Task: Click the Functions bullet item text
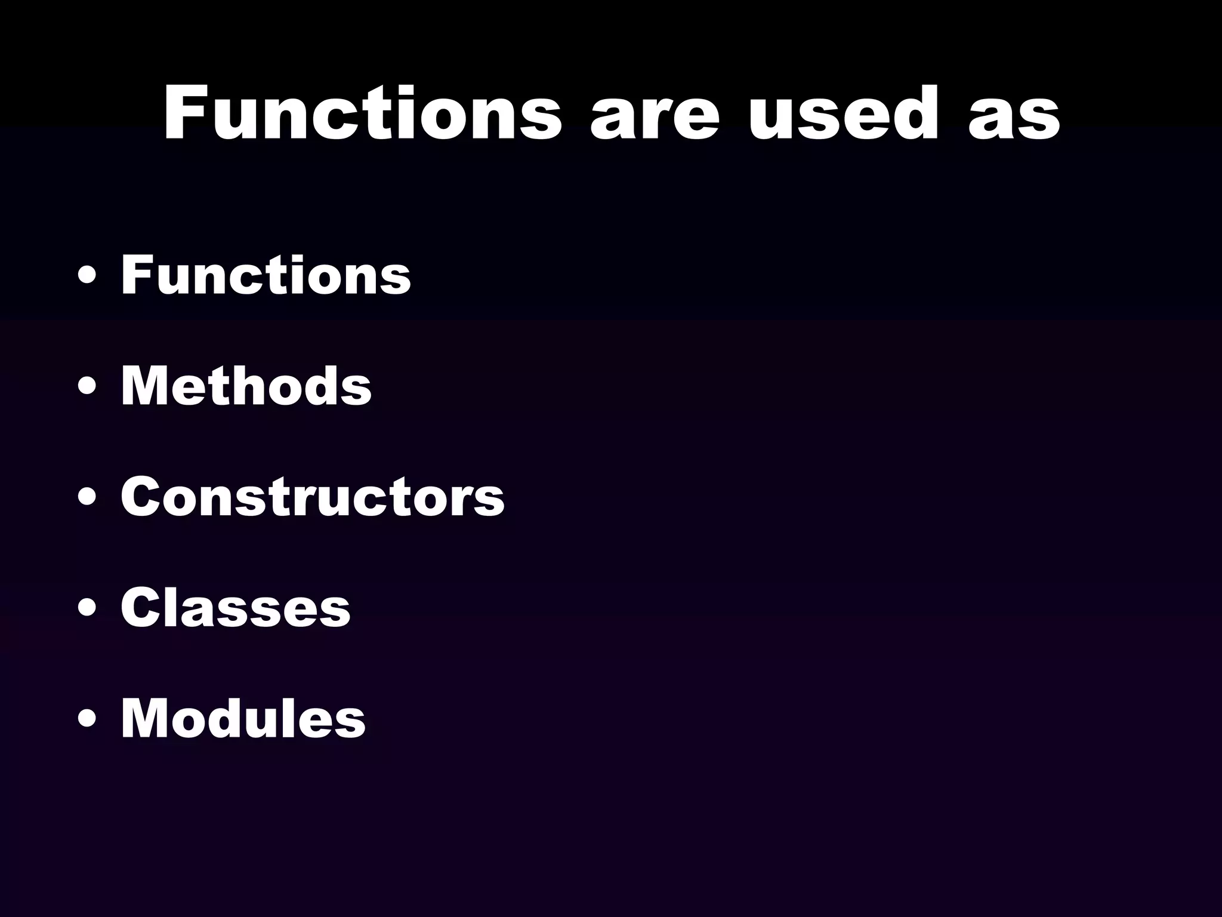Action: [x=266, y=275]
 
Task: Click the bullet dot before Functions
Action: [x=87, y=279]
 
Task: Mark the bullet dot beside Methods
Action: [x=87, y=390]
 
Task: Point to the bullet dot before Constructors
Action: [x=87, y=501]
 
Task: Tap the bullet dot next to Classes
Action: [x=87, y=611]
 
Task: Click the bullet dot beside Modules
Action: [x=87, y=722]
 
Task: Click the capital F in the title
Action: [x=184, y=113]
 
